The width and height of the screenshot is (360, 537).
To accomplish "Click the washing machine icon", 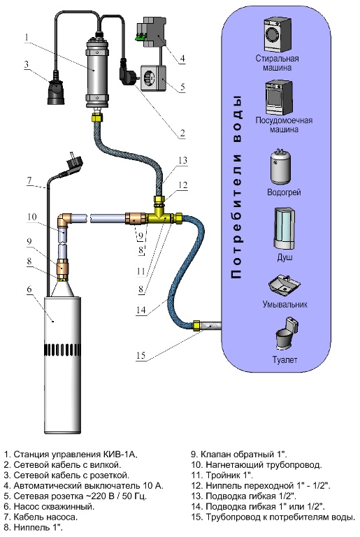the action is click(x=277, y=35).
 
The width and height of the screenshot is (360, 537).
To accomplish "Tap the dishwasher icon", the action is click(x=279, y=98).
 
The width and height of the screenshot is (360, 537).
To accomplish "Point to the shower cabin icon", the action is click(x=285, y=229).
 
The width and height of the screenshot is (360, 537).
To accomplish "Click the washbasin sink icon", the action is click(x=285, y=285).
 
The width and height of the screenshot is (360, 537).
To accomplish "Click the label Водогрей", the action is click(x=284, y=192).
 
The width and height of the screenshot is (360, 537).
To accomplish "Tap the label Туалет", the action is click(x=285, y=359).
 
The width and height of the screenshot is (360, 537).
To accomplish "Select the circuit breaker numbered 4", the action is click(x=152, y=34).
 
